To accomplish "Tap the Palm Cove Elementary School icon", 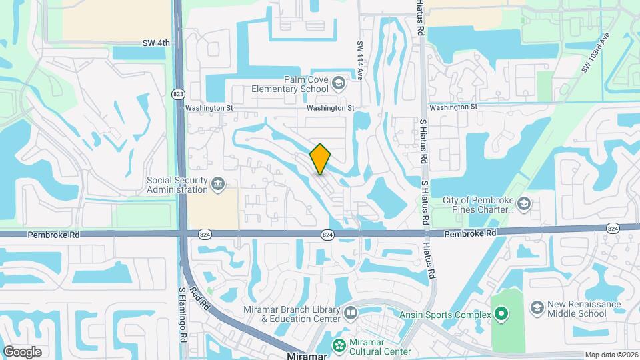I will click(338, 83).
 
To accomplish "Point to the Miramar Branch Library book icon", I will click(351, 312).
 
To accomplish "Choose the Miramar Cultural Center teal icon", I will click(339, 345).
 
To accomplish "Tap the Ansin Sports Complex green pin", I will click(501, 313).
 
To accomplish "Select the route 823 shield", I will click(178, 93).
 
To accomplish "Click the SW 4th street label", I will click(157, 43).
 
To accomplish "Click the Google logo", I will click(22, 352).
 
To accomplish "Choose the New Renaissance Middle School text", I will click(585, 309).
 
